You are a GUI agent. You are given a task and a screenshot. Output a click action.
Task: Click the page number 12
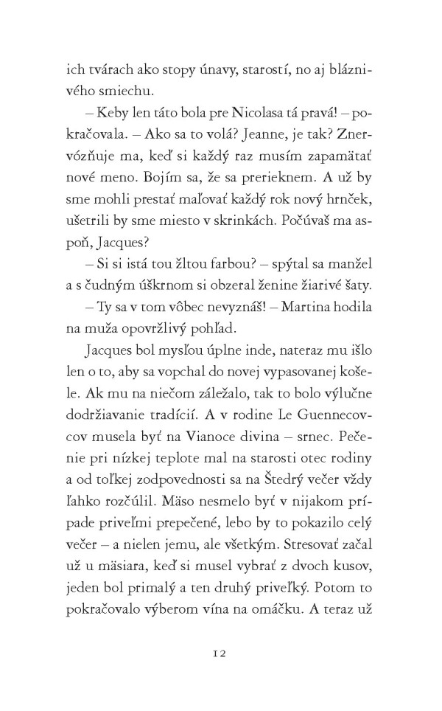[x=221, y=653]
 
